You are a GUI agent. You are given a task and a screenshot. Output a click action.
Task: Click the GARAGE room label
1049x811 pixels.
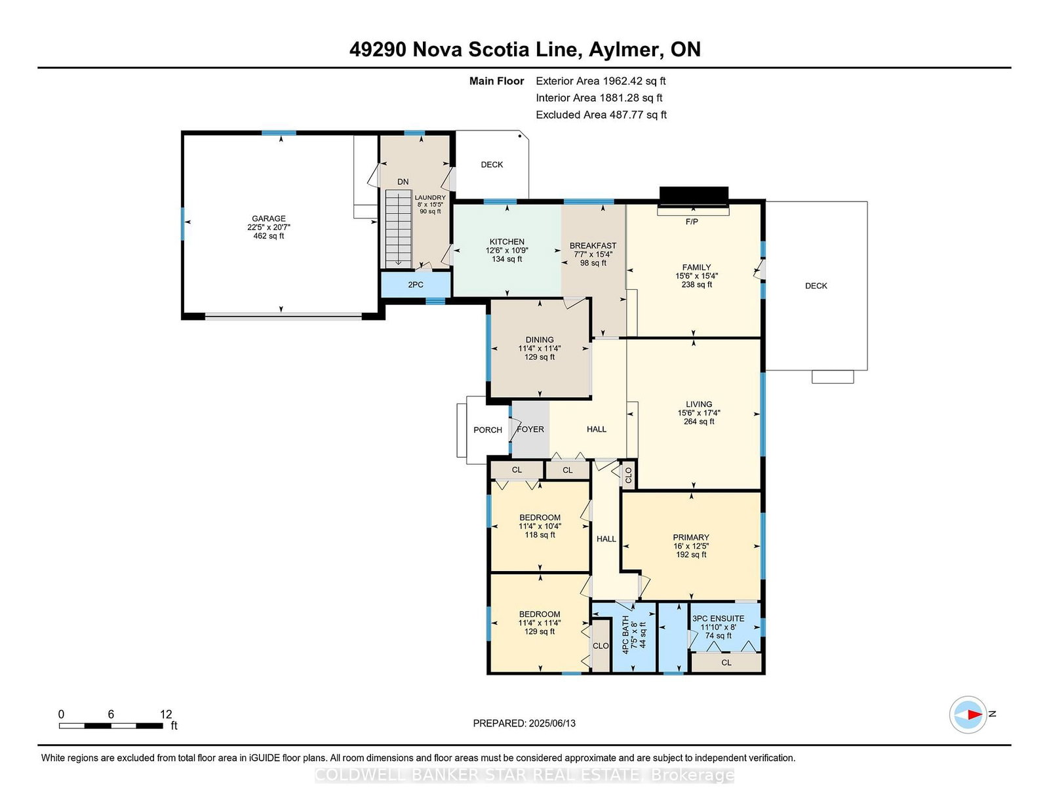[x=268, y=219]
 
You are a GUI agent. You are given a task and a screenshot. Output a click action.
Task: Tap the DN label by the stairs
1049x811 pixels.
[x=403, y=182]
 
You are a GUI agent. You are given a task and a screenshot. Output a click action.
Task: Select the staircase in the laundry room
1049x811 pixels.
[x=398, y=228]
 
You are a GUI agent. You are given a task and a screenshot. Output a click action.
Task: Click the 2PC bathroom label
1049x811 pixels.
[x=416, y=285]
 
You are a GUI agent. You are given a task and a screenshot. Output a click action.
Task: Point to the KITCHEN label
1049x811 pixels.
[x=507, y=242]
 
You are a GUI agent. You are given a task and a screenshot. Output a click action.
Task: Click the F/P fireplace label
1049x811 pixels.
[x=692, y=222]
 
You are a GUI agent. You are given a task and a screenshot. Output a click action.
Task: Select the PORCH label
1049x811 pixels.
[x=488, y=430]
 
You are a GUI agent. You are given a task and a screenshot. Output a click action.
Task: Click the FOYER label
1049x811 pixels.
[x=530, y=429]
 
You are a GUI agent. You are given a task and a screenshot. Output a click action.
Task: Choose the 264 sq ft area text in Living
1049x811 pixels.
[x=699, y=422]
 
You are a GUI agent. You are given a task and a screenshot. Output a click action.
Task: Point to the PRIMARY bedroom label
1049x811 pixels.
[x=691, y=538]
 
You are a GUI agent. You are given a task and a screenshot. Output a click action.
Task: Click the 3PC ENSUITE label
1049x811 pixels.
[x=719, y=619]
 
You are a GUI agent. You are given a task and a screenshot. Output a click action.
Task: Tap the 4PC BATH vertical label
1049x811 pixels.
[x=625, y=635]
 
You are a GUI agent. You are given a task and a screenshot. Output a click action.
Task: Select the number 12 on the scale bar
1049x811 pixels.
[x=166, y=715]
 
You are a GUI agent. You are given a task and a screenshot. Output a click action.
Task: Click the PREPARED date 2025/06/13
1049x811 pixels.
[x=552, y=724]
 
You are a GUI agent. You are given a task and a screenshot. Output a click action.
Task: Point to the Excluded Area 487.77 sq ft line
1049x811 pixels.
[x=601, y=115]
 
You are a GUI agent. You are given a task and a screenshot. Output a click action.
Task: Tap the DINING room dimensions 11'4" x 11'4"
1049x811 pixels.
[x=540, y=349]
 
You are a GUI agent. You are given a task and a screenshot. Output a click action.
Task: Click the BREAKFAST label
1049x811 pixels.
[x=593, y=246]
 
